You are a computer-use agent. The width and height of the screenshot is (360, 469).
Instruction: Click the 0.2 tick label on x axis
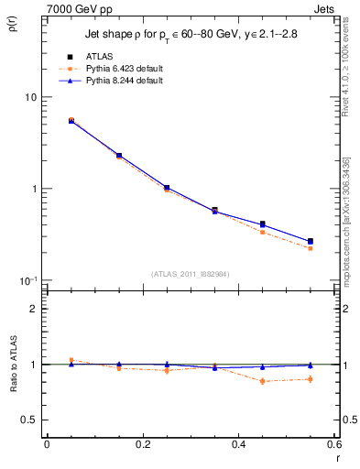click(142, 444)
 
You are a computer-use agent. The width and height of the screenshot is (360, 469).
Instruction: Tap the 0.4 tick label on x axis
click(237, 444)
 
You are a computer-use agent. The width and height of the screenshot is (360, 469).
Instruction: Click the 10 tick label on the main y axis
click(30, 97)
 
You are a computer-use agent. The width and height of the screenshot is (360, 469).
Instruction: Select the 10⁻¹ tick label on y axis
click(28, 279)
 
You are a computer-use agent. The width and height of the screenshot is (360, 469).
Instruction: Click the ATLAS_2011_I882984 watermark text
click(190, 274)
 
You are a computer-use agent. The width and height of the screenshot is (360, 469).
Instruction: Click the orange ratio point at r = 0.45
click(262, 381)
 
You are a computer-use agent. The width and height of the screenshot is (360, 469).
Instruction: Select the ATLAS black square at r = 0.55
click(310, 242)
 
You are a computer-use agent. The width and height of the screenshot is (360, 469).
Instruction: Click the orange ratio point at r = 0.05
click(71, 360)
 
